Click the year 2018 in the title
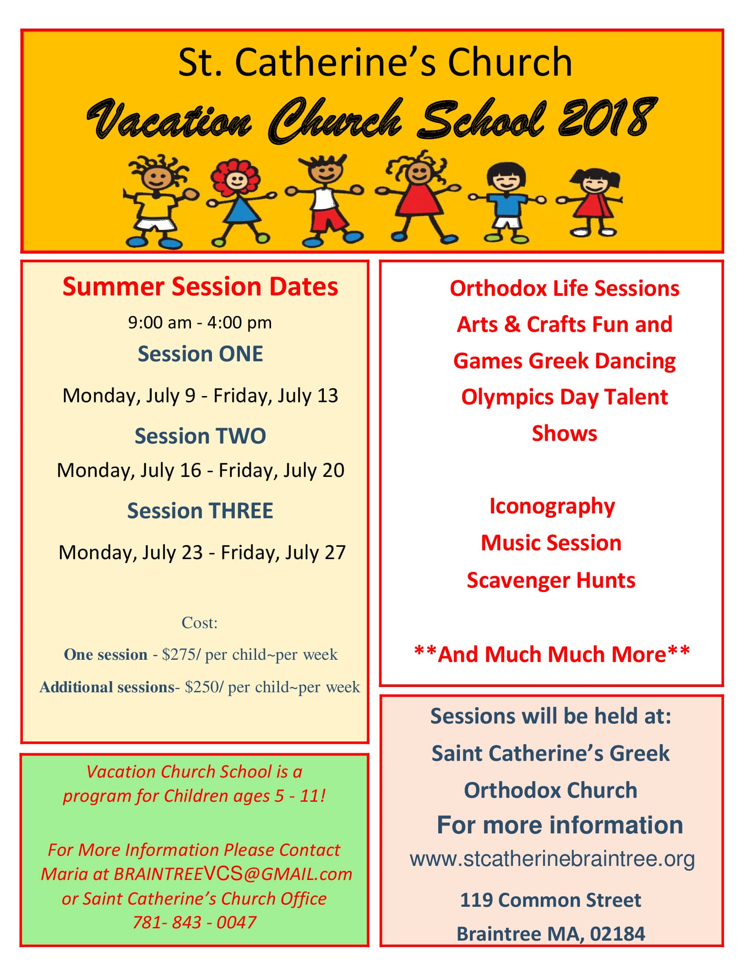click(x=607, y=117)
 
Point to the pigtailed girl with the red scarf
click(x=592, y=201)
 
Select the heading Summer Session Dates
click(x=200, y=287)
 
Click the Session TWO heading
click(x=200, y=436)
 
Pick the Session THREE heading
click(x=200, y=510)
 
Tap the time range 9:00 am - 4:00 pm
click(x=200, y=322)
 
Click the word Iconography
click(x=552, y=505)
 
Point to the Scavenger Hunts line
click(x=551, y=580)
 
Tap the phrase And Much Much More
click(x=552, y=654)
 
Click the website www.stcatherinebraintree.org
click(x=552, y=859)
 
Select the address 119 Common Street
click(x=550, y=900)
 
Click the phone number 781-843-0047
click(x=194, y=922)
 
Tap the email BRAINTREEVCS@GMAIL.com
click(x=233, y=874)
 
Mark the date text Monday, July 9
click(x=128, y=396)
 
